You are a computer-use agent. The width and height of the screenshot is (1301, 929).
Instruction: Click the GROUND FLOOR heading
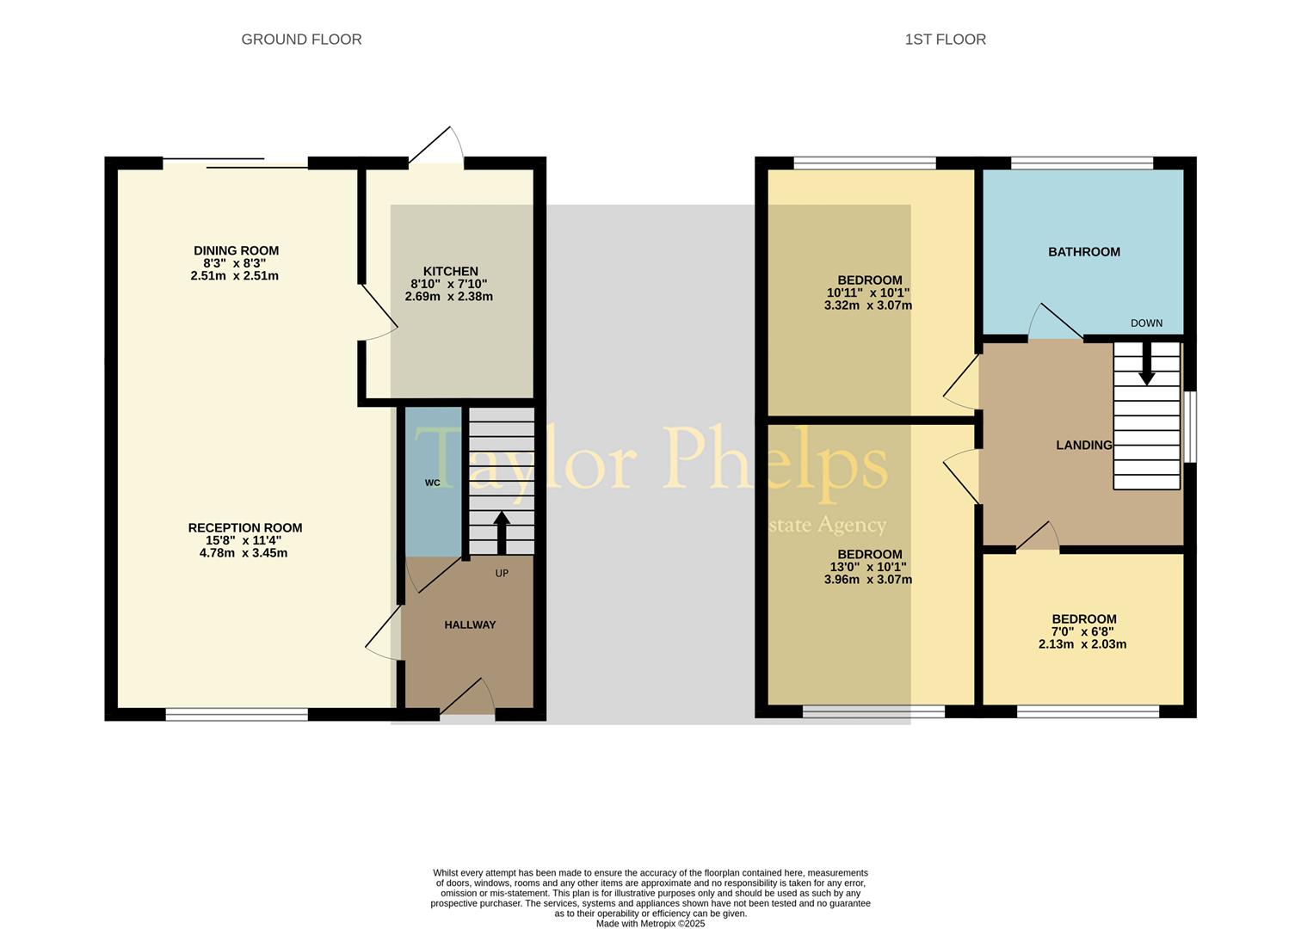(x=301, y=40)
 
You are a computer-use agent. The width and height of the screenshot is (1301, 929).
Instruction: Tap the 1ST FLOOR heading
(x=945, y=40)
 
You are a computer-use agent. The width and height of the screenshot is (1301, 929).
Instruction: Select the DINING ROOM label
(x=236, y=251)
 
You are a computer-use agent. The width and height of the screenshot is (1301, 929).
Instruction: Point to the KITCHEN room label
(x=450, y=271)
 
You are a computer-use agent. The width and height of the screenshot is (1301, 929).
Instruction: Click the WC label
(x=432, y=483)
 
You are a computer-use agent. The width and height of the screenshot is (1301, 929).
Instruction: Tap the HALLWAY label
(x=470, y=624)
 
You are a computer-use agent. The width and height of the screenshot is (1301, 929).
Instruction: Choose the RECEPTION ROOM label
(x=245, y=528)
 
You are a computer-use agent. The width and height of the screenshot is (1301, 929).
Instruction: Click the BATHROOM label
(x=1084, y=252)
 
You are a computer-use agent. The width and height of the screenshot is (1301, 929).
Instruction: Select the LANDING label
(x=1084, y=446)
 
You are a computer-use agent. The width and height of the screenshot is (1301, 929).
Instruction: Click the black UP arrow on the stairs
(x=502, y=533)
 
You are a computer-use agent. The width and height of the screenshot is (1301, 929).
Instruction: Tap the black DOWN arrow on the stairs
(x=1146, y=364)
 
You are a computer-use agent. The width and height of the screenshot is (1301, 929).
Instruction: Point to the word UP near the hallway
(x=502, y=574)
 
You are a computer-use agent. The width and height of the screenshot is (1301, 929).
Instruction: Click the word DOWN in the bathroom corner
(x=1146, y=323)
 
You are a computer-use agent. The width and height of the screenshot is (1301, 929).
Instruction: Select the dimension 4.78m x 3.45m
(x=244, y=553)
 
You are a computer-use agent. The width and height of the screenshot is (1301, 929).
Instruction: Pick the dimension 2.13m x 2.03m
(x=1082, y=644)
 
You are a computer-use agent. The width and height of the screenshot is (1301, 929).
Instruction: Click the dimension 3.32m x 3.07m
(x=868, y=305)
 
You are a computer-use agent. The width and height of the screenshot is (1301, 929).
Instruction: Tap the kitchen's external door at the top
(x=435, y=145)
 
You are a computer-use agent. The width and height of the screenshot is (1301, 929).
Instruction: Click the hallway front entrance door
(x=467, y=696)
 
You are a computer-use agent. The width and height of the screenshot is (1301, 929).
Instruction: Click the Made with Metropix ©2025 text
(x=650, y=923)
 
